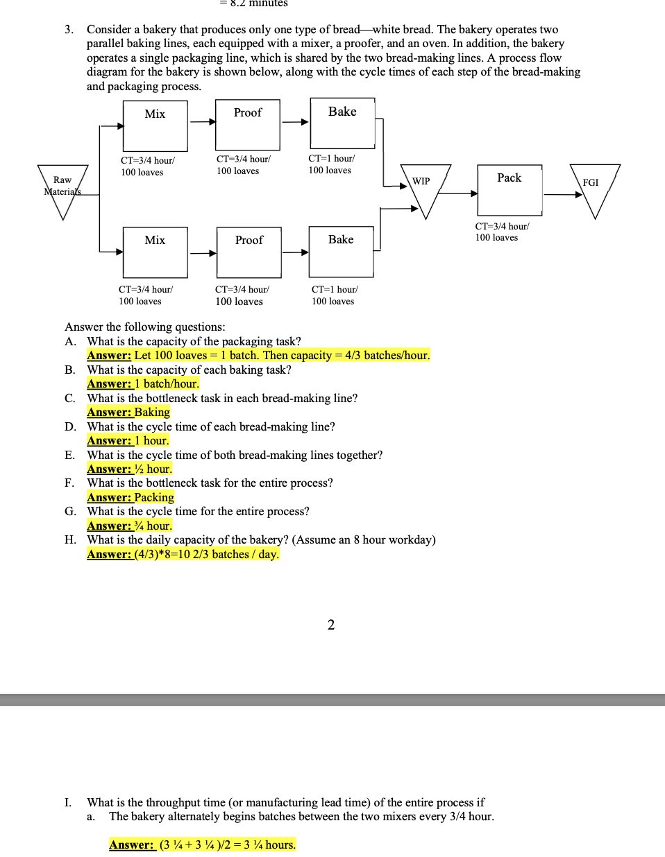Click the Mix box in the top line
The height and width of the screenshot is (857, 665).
tap(155, 125)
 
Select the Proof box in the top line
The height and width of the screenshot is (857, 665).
tap(248, 125)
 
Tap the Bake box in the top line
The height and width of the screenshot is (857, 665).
tap(342, 123)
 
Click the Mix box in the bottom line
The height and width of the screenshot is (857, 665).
tap(155, 252)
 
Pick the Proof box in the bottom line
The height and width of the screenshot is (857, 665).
tap(249, 252)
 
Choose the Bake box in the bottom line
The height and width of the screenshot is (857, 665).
tap(341, 251)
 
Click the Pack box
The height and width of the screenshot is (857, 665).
tap(510, 189)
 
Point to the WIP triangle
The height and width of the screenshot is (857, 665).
tap(426, 187)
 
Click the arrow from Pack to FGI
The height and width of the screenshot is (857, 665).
tap(563, 195)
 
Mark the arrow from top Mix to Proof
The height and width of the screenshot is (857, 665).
tap(202, 122)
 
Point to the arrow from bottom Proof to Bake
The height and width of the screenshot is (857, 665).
tap(295, 252)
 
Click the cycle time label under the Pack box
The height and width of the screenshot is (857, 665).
tap(501, 232)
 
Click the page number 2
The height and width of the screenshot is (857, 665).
tap(331, 625)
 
